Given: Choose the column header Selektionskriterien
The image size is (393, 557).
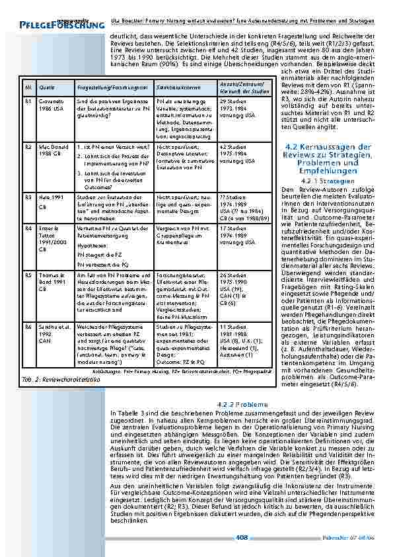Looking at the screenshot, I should (175, 87).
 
